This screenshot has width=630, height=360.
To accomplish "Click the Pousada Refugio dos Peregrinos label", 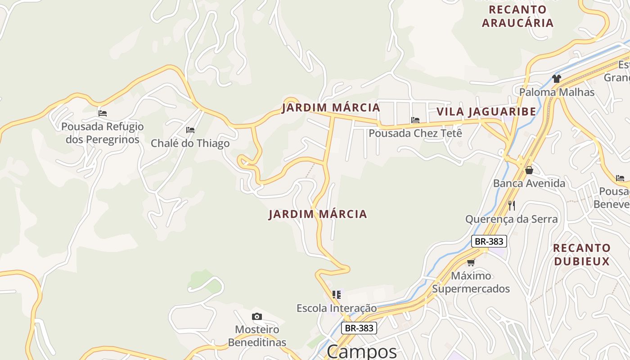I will coord(103,133).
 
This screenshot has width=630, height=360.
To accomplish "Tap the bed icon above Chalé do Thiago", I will coord(190,130).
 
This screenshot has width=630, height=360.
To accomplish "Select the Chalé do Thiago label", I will coord(190,144).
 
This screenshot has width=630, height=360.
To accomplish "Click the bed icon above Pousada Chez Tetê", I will coord(415,120).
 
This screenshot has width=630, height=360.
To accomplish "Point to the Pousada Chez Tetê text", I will coord(415,133).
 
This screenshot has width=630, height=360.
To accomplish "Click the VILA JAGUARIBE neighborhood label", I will coord(486,112).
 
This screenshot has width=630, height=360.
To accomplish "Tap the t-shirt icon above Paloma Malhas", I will coord(557,79).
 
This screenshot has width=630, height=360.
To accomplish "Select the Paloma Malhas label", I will coord(557,92).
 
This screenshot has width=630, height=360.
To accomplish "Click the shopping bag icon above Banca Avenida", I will coord(529,170).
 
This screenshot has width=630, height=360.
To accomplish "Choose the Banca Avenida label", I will coord(529,183).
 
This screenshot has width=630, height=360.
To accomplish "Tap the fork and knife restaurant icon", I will coord(511,206).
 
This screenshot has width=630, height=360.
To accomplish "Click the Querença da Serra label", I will coord(511,219).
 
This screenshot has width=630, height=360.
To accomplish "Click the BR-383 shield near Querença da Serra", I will coord(489,241).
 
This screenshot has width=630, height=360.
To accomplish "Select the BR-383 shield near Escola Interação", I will coord(359,328).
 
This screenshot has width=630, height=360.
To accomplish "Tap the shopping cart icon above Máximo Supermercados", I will coord(471,262).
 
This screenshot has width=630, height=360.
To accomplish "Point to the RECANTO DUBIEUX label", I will coord(581,255).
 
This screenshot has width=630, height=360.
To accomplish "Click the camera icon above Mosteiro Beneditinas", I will coord(257,317).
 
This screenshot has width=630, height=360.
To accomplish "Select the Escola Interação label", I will coord(337,308).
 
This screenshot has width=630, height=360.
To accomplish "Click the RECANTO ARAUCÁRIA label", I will coord(517,16).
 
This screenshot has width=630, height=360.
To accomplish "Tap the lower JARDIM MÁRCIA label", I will coord(318,214).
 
